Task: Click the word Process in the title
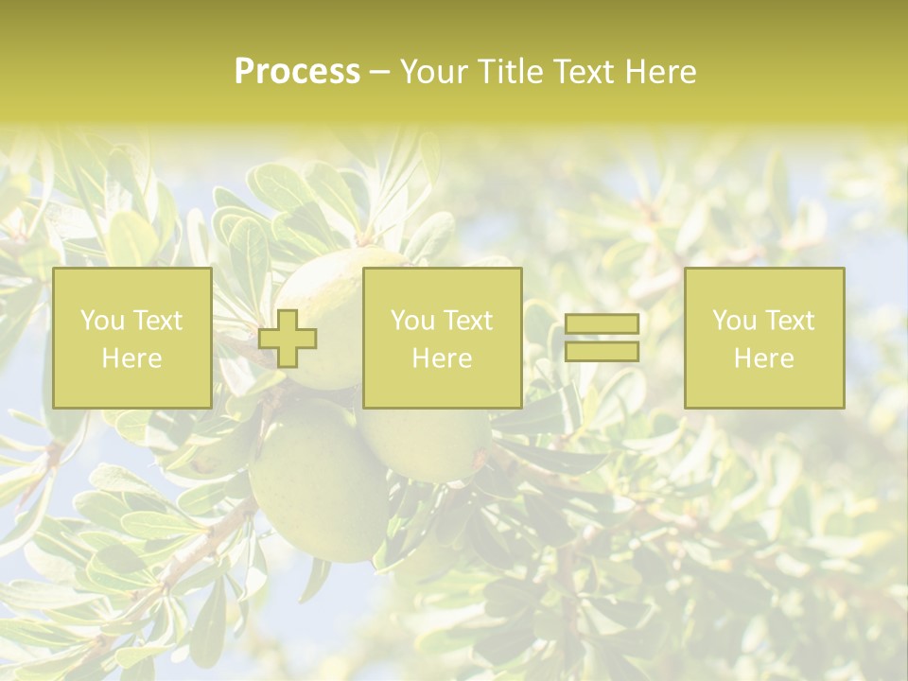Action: tap(297, 72)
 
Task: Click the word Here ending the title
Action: tap(663, 72)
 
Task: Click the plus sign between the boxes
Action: tap(288, 338)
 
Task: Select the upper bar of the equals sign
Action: tap(602, 323)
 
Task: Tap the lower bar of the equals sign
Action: tap(602, 351)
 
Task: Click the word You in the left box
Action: tap(101, 321)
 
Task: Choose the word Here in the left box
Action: tap(131, 358)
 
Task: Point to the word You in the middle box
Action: tap(412, 321)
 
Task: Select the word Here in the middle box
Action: tap(442, 358)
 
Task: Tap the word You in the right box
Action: tap(734, 321)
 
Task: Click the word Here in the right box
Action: tap(763, 358)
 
